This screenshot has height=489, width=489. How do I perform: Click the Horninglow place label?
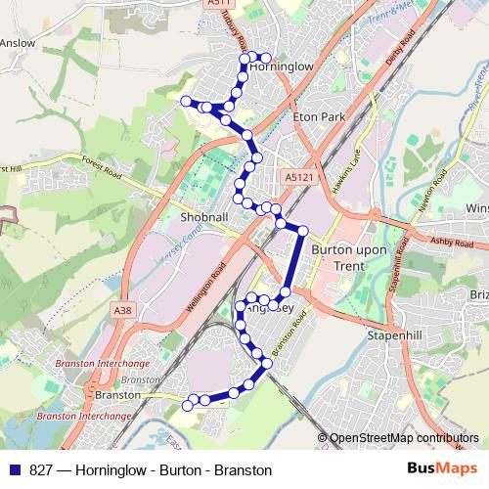[x=282, y=67]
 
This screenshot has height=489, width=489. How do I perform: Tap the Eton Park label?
[x=320, y=115]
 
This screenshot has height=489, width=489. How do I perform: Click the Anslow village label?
[x=17, y=43]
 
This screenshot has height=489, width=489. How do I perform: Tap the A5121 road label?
[x=300, y=177]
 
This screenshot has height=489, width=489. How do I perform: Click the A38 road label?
[x=122, y=310]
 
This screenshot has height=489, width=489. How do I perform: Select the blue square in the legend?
[x=12, y=470]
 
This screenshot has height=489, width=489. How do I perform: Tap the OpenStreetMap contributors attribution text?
[x=403, y=439]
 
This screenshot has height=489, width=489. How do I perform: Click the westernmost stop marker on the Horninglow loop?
[x=185, y=101]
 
